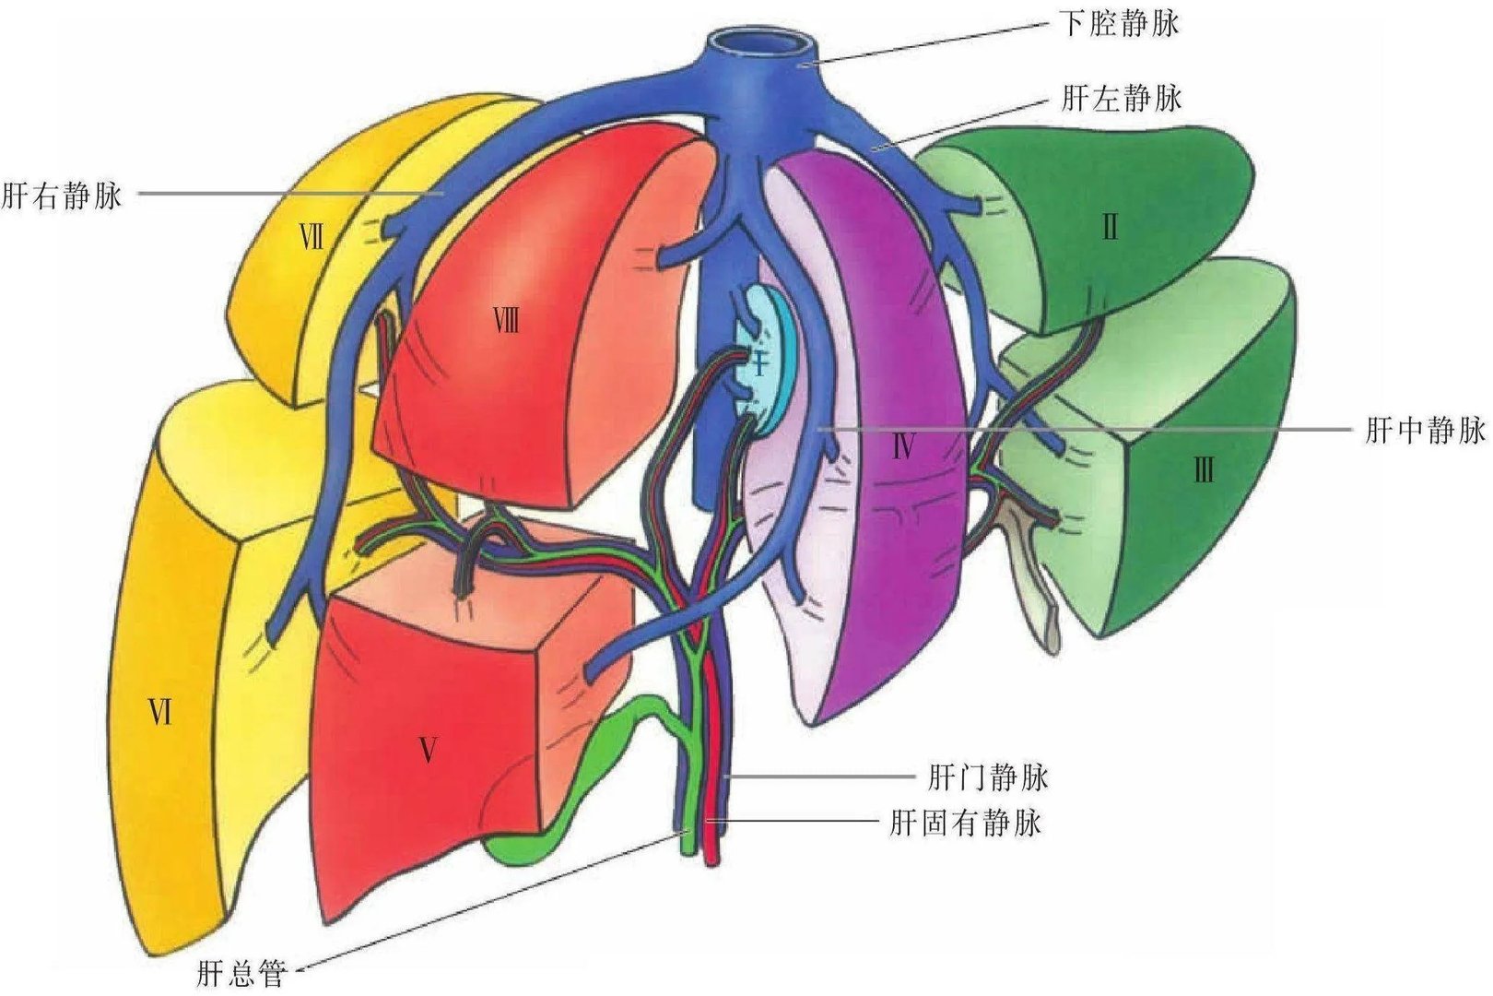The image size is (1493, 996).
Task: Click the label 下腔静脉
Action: click(1118, 23)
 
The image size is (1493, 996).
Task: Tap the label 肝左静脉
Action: click(1121, 97)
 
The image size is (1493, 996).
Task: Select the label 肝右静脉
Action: click(62, 196)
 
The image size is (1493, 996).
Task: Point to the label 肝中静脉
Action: click(1424, 430)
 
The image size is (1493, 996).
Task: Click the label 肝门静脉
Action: click(988, 777)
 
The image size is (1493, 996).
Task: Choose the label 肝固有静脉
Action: click(965, 822)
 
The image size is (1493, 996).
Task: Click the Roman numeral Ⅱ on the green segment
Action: click(1110, 227)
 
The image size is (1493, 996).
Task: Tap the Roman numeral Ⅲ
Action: click(1203, 472)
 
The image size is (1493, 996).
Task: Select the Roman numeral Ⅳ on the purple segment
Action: click(902, 449)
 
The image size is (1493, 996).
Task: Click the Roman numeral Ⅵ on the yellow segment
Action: click(160, 712)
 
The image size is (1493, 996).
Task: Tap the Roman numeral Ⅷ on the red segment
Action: click(505, 322)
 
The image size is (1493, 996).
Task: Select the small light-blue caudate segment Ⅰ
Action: click(763, 360)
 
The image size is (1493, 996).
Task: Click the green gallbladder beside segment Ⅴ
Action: click(590, 784)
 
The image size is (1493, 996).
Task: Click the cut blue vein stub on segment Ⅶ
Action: click(391, 224)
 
